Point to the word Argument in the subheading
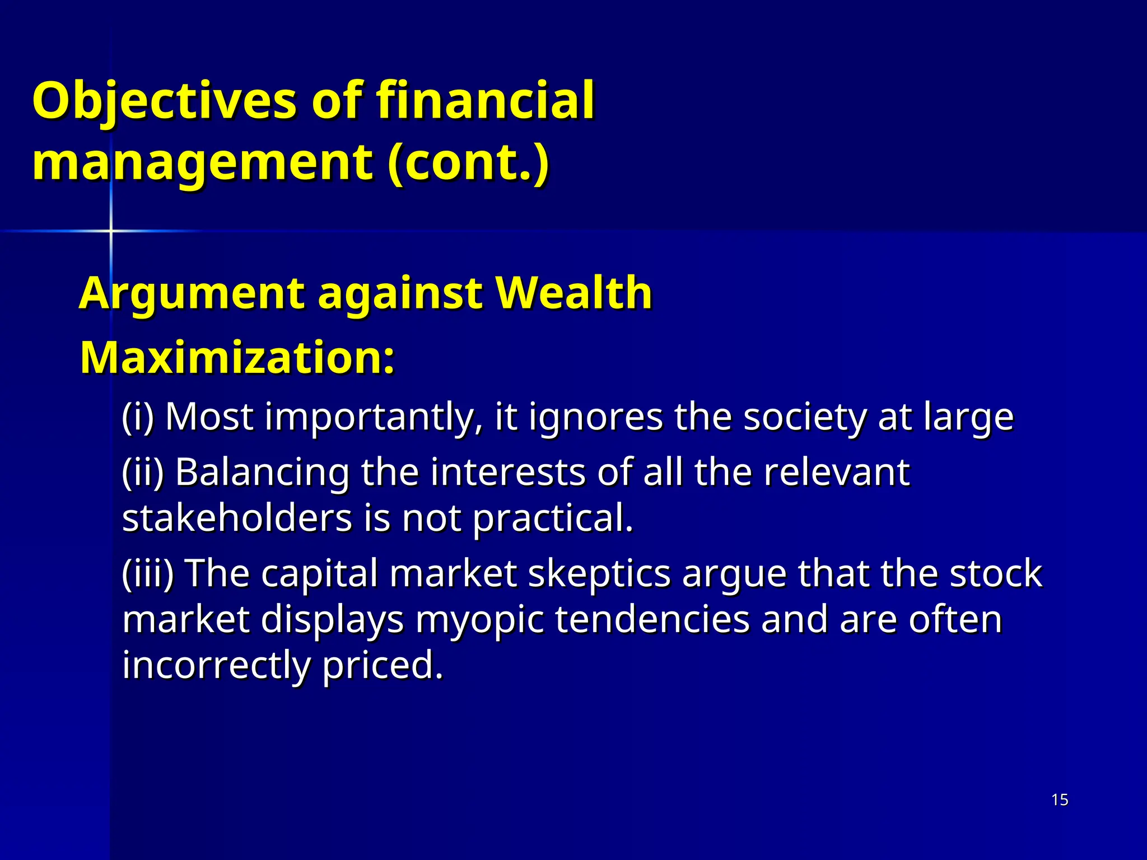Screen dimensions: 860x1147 (192, 293)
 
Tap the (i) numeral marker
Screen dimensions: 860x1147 (138, 417)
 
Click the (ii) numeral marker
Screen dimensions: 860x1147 (143, 472)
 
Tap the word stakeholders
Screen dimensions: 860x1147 (237, 518)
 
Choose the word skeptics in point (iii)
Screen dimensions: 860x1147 (599, 574)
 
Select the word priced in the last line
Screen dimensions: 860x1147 (383, 666)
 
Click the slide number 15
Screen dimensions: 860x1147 (1060, 800)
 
